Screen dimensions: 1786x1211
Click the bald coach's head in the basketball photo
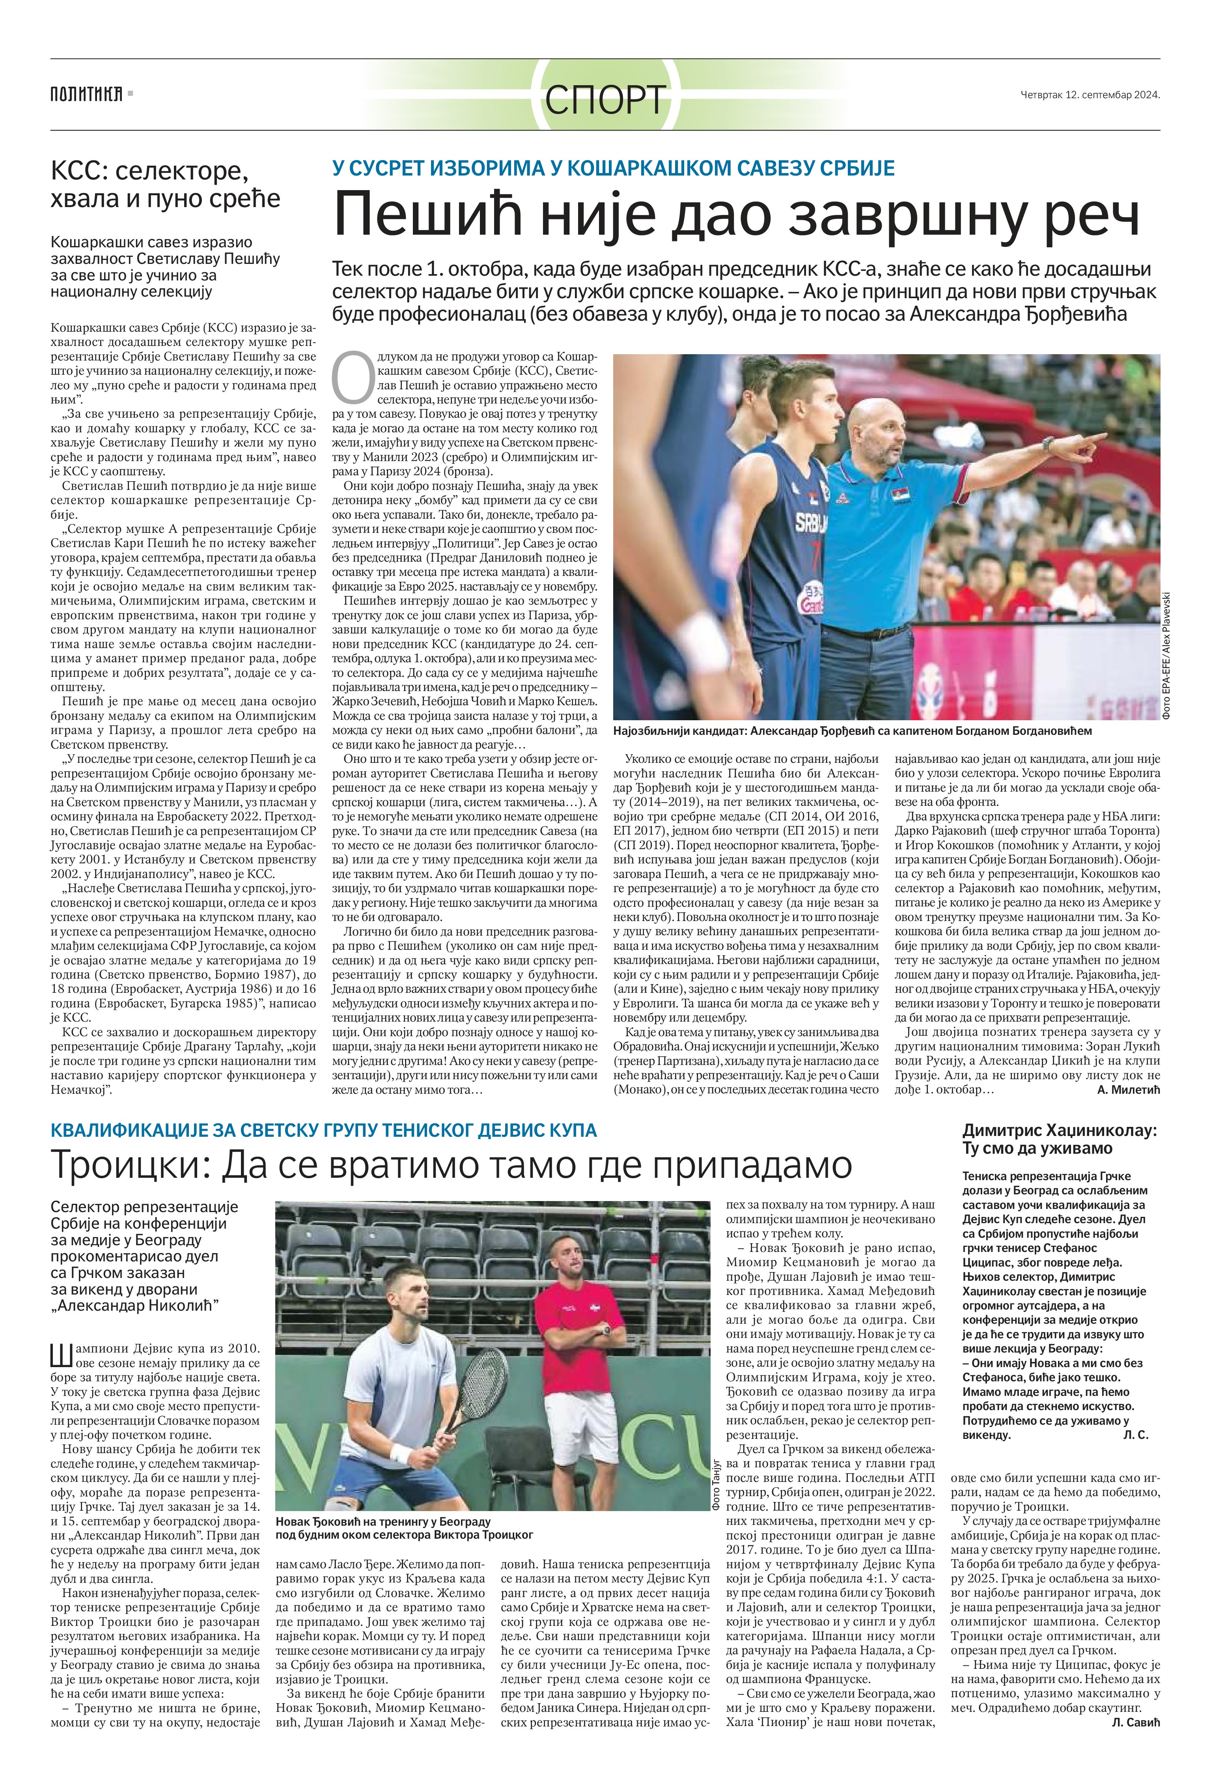click(x=878, y=433)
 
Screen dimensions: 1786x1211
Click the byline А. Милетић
click(x=1128, y=1090)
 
